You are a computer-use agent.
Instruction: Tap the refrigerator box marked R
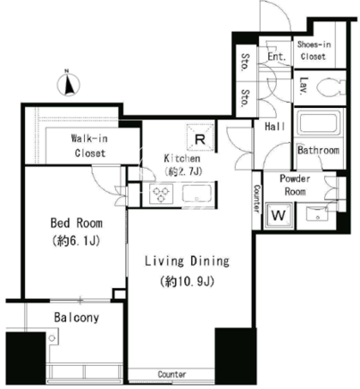(x=200, y=136)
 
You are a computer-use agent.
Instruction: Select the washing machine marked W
(x=279, y=215)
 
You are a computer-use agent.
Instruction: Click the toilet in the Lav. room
(x=329, y=87)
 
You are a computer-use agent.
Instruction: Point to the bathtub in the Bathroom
(x=318, y=123)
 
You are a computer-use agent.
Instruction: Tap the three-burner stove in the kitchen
(x=161, y=194)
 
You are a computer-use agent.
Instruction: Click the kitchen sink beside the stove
(x=197, y=194)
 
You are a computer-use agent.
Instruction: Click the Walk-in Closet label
(x=89, y=145)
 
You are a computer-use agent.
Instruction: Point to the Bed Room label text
(x=77, y=223)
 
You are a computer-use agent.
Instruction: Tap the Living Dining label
(x=187, y=261)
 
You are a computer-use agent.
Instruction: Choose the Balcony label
(x=77, y=318)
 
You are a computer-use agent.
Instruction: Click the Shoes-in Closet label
(x=314, y=51)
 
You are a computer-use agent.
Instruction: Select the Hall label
(x=274, y=127)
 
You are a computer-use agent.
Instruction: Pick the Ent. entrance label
(x=277, y=56)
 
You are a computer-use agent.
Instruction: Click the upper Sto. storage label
(x=245, y=62)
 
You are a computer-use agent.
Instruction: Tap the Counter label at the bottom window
(x=172, y=375)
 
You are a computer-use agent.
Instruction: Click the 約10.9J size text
(x=187, y=281)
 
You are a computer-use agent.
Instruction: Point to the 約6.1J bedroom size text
(x=77, y=241)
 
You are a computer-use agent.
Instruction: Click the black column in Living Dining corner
(x=236, y=356)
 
